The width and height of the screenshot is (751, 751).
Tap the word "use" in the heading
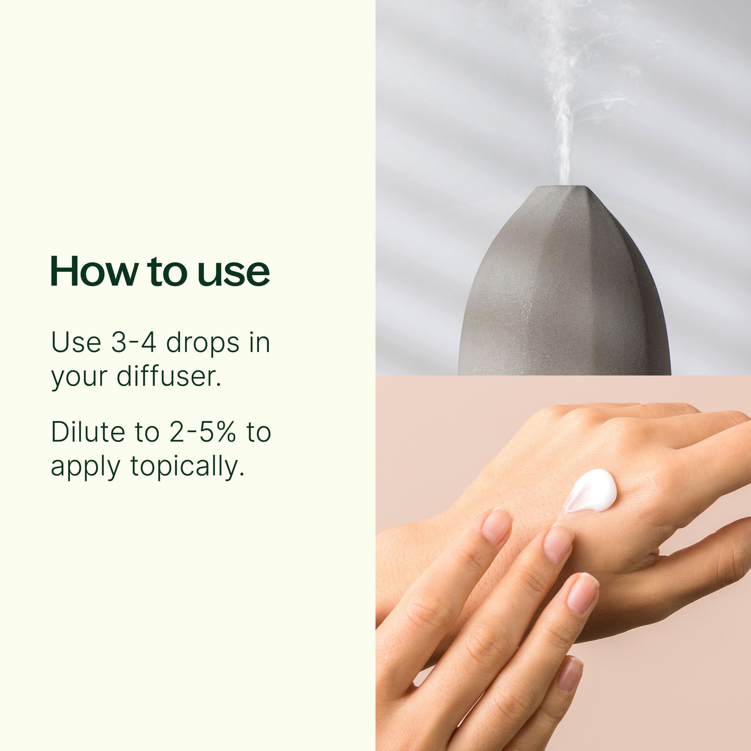pyautogui.click(x=234, y=272)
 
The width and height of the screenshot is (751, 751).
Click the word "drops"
pyautogui.click(x=203, y=343)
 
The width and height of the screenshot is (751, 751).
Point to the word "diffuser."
pyautogui.click(x=169, y=376)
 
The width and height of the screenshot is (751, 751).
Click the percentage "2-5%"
pyautogui.click(x=203, y=432)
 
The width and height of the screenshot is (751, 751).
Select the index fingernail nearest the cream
pyautogui.click(x=496, y=526)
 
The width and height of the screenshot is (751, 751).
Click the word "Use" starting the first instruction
pyautogui.click(x=76, y=343)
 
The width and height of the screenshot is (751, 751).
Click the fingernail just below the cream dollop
pyautogui.click(x=558, y=544)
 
